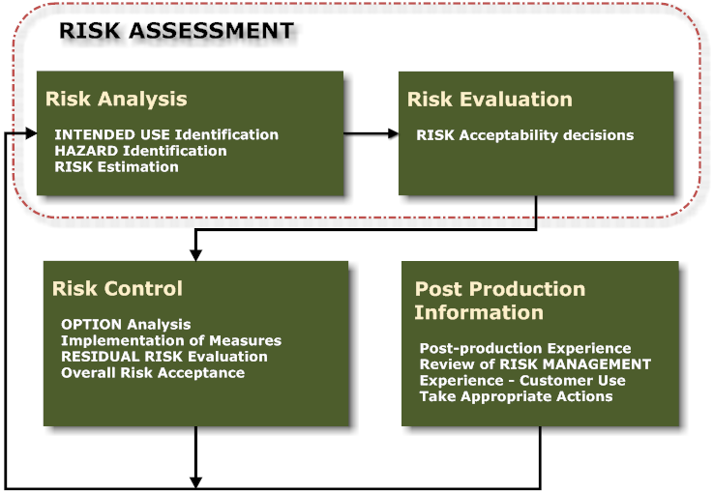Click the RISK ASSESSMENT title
pos(176,31)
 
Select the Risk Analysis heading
pos(116,99)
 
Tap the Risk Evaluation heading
pos(490,100)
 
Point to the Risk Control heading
pos(117,289)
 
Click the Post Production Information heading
pos(500,301)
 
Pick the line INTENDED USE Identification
pos(166,135)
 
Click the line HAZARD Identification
pos(141,151)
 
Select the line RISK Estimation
pos(117,166)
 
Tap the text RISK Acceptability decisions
pos(525,135)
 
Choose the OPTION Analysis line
pos(126,325)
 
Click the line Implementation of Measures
pos(171,340)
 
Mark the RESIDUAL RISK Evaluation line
pos(164,357)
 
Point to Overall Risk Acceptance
pos(153,372)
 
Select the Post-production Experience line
pos(525,348)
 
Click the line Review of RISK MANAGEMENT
pos(535,364)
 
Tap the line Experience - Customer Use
pos(522,381)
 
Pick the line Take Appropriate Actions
pos(516,396)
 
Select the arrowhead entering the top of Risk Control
pos(195,254)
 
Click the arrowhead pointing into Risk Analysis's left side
pos(31,134)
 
